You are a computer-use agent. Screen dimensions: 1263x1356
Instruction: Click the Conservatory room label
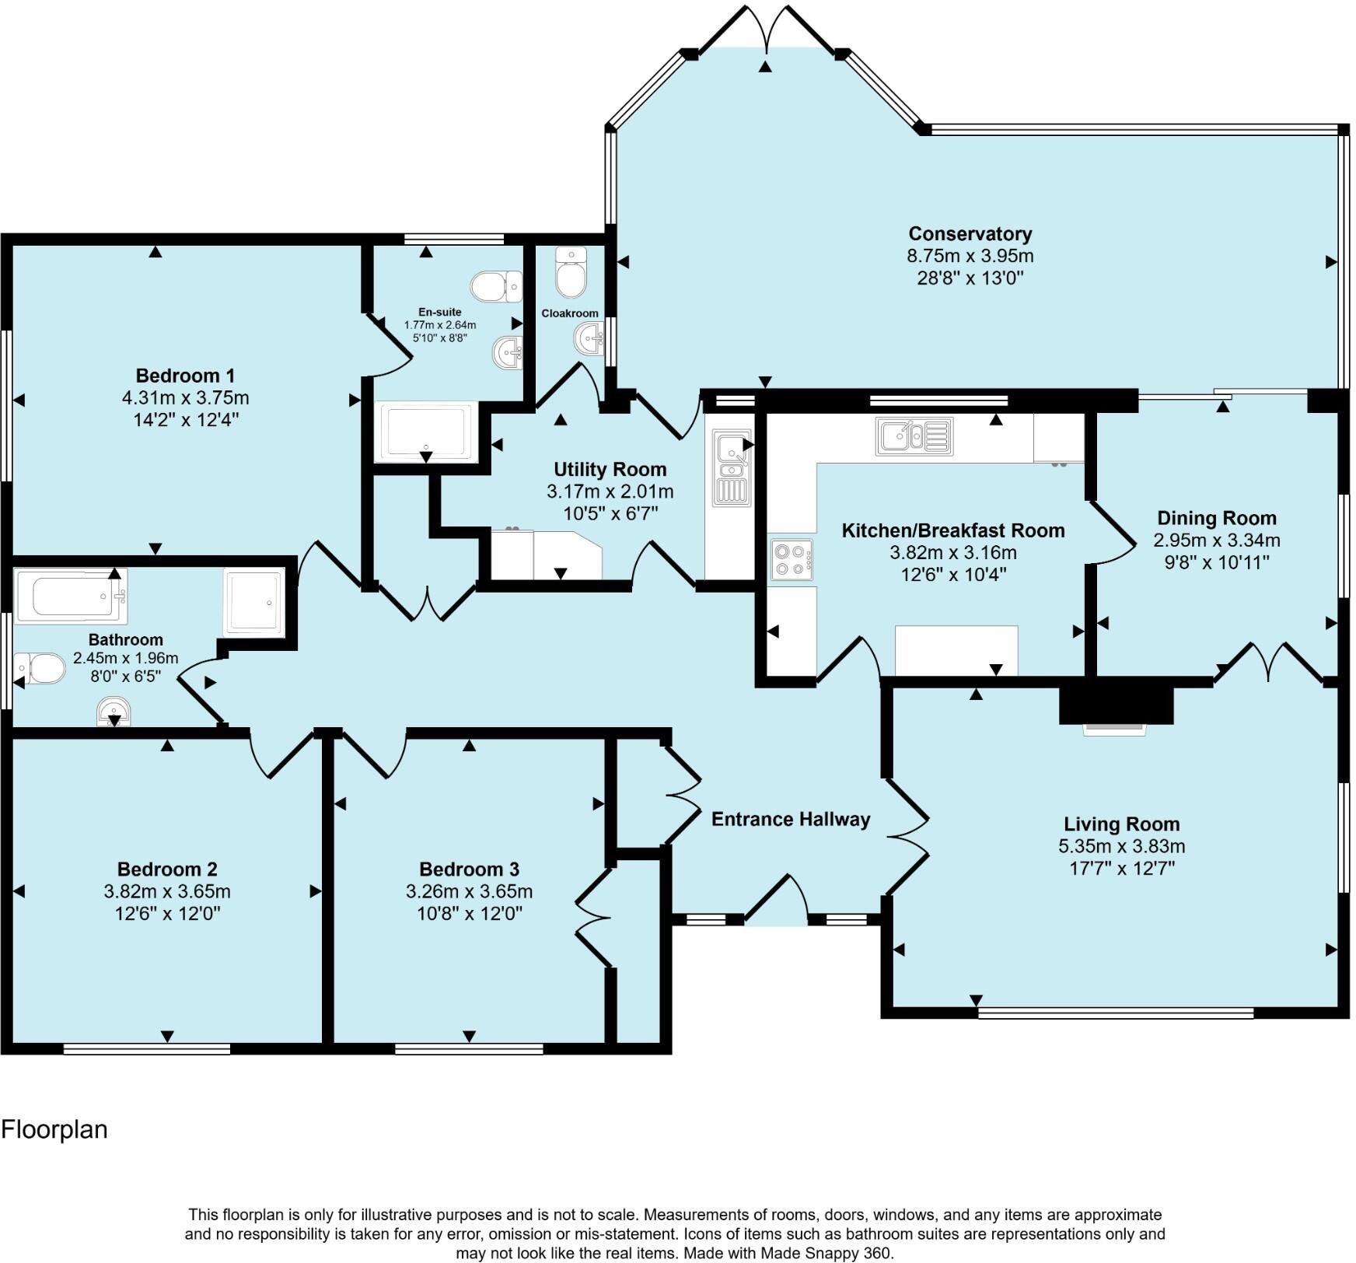pyautogui.click(x=970, y=233)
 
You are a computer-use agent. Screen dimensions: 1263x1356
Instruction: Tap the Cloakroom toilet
pyautogui.click(x=571, y=273)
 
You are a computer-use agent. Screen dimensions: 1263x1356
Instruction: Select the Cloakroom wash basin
pyautogui.click(x=589, y=339)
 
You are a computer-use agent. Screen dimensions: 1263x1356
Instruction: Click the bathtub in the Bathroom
pyautogui.click(x=71, y=596)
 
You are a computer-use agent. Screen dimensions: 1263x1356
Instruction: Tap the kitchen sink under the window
pyautogui.click(x=914, y=436)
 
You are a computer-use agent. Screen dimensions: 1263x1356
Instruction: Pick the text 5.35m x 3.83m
pyautogui.click(x=1121, y=846)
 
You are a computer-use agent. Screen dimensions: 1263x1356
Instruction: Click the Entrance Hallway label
pyautogui.click(x=791, y=819)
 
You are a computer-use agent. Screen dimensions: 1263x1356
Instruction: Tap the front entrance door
pyautogui.click(x=777, y=902)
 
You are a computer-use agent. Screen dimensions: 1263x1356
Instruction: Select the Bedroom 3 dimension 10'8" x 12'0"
pyautogui.click(x=469, y=913)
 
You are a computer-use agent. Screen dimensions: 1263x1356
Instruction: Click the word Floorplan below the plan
pyautogui.click(x=54, y=1129)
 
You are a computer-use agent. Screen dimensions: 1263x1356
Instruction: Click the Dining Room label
pyautogui.click(x=1216, y=518)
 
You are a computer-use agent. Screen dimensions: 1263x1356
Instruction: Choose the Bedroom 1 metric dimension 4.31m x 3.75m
pyautogui.click(x=185, y=398)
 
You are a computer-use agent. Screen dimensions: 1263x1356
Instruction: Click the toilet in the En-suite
pyautogui.click(x=498, y=286)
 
